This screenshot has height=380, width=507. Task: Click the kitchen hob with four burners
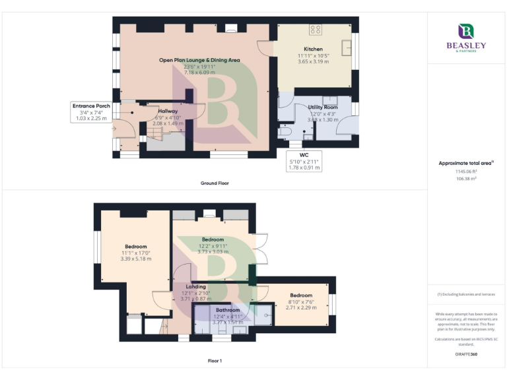point(316,30)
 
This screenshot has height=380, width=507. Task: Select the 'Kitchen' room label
point(313,49)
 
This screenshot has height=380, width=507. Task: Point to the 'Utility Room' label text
point(323,107)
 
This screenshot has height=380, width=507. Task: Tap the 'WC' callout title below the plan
point(304,154)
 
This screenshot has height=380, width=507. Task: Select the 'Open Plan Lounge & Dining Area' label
point(199,60)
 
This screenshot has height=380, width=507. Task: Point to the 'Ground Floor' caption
point(215,183)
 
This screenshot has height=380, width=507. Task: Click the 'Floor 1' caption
point(215,361)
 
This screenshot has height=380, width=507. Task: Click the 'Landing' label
point(195,287)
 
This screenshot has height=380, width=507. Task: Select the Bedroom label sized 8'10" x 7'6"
point(301,295)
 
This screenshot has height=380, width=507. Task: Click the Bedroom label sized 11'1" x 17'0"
point(136,246)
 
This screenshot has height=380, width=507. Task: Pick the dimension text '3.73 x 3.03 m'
point(213,251)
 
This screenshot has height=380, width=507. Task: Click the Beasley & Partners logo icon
point(466,31)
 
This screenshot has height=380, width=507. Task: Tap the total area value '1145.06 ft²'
point(467,171)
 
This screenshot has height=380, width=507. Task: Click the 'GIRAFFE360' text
point(467,355)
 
